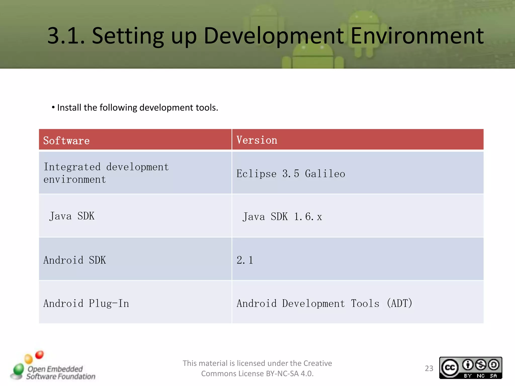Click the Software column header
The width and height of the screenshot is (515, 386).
point(66,140)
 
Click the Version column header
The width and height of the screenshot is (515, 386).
point(257,140)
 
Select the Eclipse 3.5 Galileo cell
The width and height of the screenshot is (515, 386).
point(291,174)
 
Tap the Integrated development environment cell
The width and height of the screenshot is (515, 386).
point(106,173)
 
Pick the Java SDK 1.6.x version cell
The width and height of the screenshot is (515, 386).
point(282,217)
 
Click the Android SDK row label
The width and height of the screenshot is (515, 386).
point(75,260)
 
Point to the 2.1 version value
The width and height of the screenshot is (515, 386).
point(245,260)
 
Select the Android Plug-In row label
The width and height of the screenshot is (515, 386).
point(86,303)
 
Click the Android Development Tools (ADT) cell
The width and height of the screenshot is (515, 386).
point(324,303)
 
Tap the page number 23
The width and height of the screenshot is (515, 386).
point(429,368)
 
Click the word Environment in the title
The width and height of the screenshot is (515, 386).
point(417,36)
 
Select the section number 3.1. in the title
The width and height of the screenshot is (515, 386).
point(66,36)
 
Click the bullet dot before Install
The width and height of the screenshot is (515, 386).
point(53,108)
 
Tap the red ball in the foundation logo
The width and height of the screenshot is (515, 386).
point(39,355)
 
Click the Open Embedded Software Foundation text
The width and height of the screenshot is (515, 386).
point(61,373)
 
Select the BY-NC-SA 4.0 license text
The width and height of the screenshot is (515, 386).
point(289,374)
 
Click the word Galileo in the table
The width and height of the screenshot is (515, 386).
point(325,174)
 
